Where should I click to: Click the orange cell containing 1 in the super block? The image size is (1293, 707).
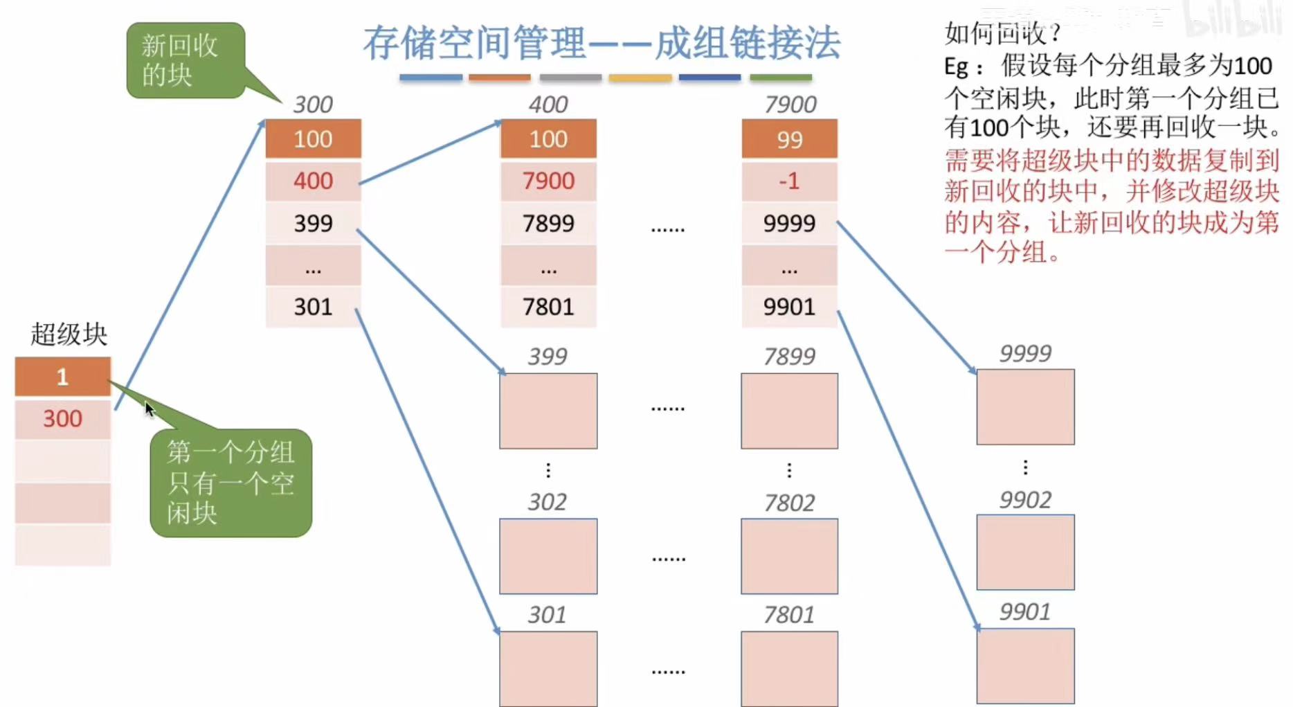click(62, 377)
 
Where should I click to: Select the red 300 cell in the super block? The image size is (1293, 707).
click(62, 419)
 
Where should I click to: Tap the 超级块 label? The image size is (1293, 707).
click(69, 334)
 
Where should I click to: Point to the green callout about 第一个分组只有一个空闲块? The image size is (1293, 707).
click(230, 483)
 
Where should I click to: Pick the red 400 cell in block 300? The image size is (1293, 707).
click(313, 181)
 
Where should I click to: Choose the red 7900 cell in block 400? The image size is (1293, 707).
click(548, 181)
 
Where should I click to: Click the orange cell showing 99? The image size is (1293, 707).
click(789, 139)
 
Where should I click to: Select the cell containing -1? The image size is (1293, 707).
click(789, 181)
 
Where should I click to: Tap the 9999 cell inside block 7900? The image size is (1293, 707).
click(789, 224)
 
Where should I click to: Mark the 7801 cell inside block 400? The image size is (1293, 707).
click(548, 307)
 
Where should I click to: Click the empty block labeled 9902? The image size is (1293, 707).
click(1025, 552)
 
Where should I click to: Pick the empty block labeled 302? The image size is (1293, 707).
click(548, 556)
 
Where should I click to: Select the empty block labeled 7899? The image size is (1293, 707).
click(789, 411)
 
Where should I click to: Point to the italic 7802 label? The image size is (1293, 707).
click(789, 503)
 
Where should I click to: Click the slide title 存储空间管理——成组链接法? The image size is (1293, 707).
click(602, 43)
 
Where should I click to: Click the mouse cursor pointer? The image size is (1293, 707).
click(150, 409)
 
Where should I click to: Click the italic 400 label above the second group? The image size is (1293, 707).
click(548, 105)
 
